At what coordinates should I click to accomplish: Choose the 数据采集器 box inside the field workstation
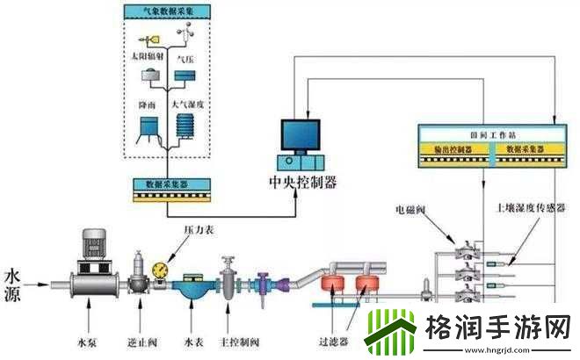[526, 150]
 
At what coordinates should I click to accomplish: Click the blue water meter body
[192, 287]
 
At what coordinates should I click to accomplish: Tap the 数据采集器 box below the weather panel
[168, 187]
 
